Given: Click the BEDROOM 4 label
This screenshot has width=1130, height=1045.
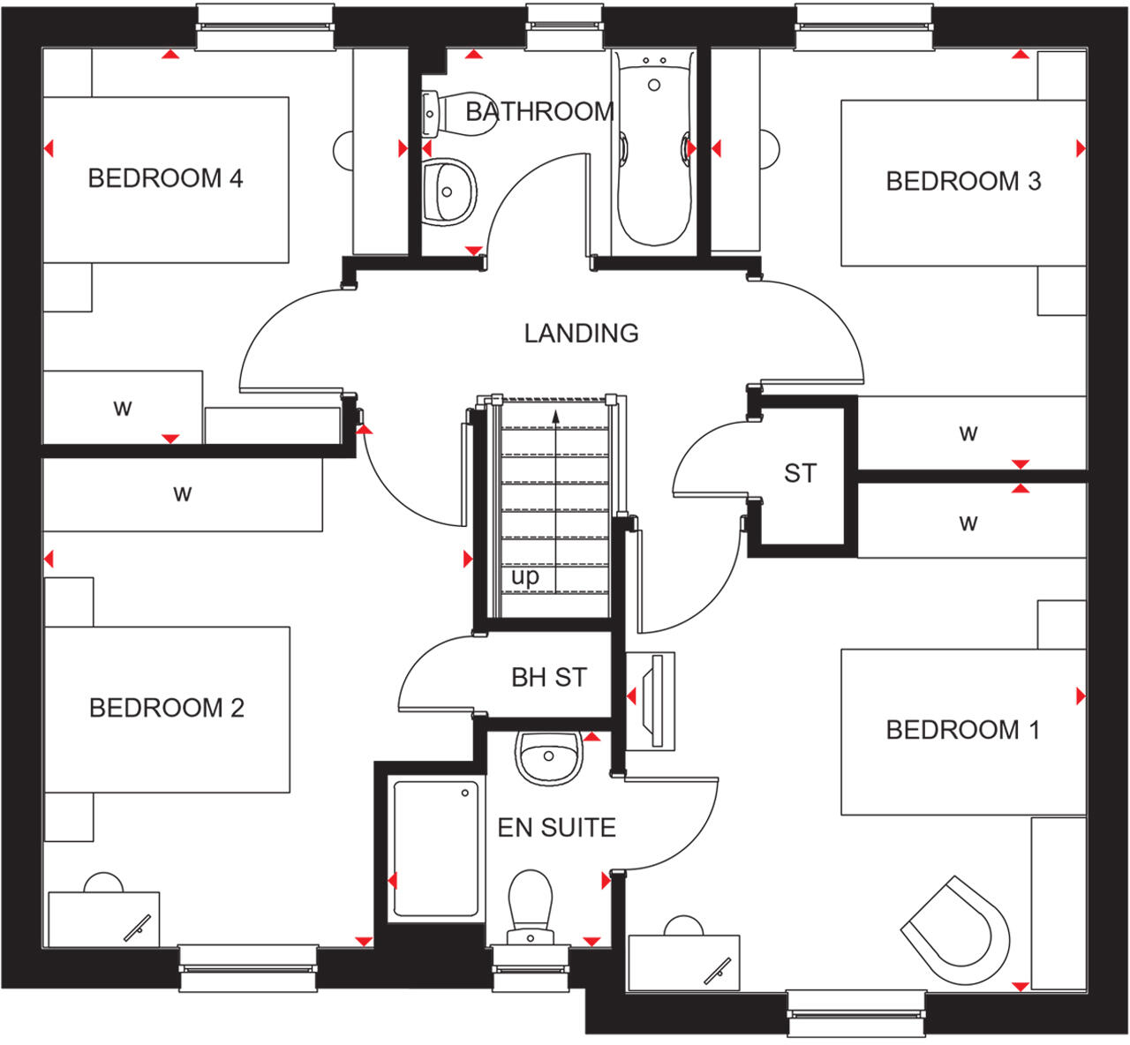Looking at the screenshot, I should coord(165,178).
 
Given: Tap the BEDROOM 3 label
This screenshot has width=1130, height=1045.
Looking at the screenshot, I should coord(963,182).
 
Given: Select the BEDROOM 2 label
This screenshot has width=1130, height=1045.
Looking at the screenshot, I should coord(166,708).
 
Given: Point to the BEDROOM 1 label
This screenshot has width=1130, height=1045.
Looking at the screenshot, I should coord(962,730).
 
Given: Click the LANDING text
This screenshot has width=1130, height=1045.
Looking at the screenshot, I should coord(581,334).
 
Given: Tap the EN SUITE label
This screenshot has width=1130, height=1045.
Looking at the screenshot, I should coord(556,828).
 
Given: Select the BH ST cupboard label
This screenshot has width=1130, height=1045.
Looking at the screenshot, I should coord(548,678).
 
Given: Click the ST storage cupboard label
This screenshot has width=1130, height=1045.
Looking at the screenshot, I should coord(800,474).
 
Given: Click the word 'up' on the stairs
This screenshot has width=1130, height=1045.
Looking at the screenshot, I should coord(524,577).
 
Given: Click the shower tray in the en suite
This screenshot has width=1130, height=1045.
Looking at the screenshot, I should coord(436,848).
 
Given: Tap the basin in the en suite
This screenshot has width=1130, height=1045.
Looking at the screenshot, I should coord(548,757).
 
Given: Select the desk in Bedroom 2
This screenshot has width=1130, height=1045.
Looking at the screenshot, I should coord(103,918).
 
